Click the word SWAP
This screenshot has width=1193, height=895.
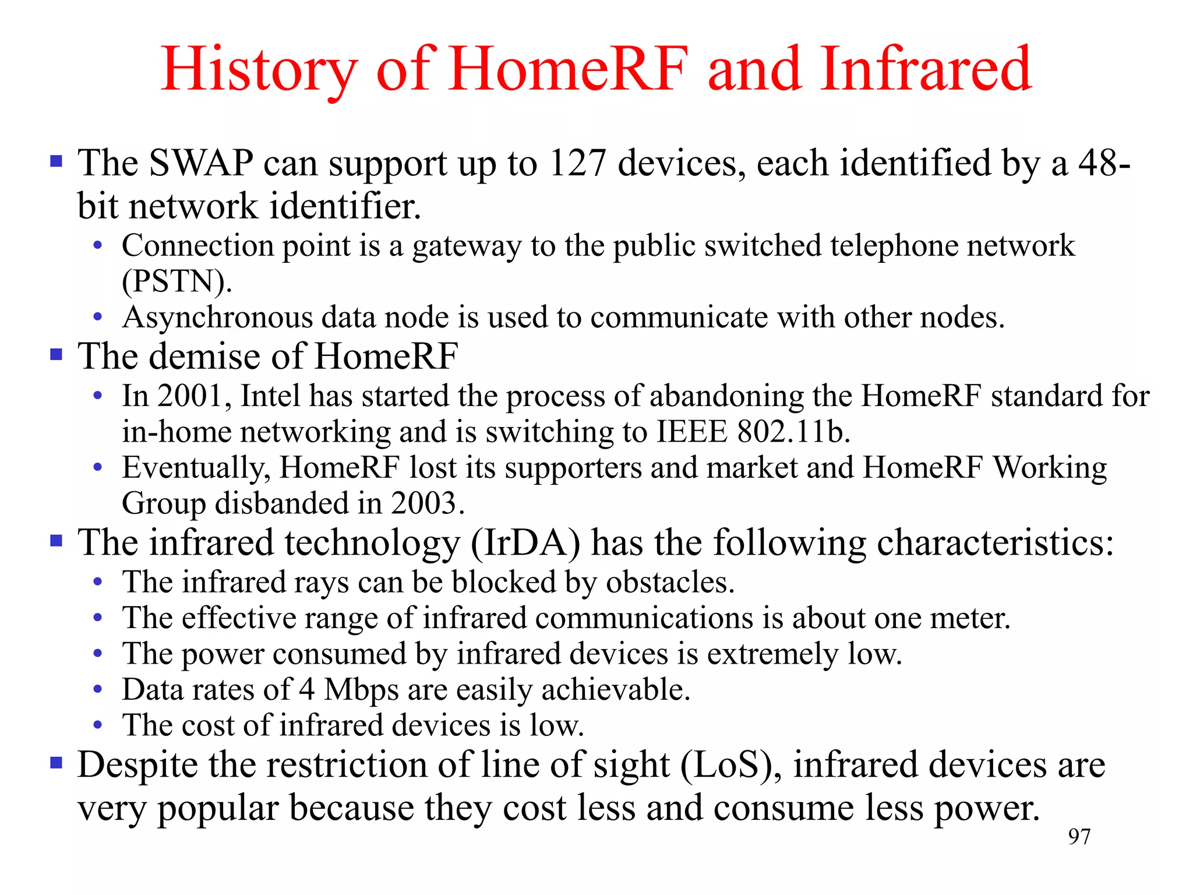tap(201, 163)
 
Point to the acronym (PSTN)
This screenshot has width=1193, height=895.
tap(177, 281)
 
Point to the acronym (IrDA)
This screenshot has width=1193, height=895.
tap(525, 543)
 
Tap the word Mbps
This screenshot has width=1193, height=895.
tap(361, 690)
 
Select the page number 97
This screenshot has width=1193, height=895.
tap(1079, 837)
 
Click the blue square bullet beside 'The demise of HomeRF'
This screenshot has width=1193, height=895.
tap(57, 354)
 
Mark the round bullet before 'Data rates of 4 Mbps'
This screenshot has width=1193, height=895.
tap(98, 690)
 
